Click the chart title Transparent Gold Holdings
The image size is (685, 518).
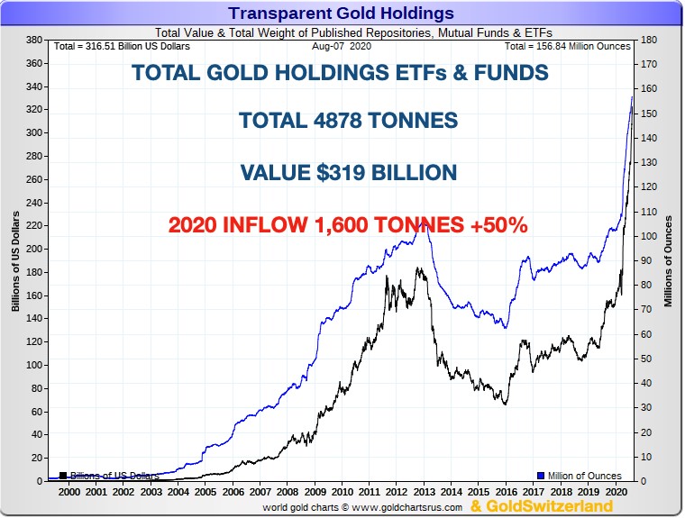pos(341,14)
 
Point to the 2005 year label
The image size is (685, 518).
pos(206,493)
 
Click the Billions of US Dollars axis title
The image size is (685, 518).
pos(15,261)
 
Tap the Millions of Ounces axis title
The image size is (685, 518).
pos(669,261)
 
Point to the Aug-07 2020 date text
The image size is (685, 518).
pos(341,46)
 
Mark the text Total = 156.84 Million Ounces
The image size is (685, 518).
pos(567,46)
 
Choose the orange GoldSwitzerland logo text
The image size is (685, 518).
pos(542,507)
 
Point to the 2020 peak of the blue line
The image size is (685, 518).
pos(631,96)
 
